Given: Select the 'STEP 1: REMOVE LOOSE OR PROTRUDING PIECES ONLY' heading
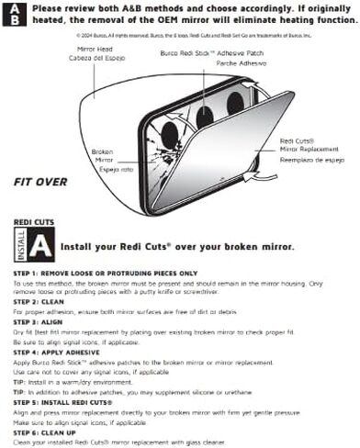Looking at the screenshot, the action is click(x=106, y=274).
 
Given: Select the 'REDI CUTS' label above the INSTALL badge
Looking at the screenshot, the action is click(x=33, y=223).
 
